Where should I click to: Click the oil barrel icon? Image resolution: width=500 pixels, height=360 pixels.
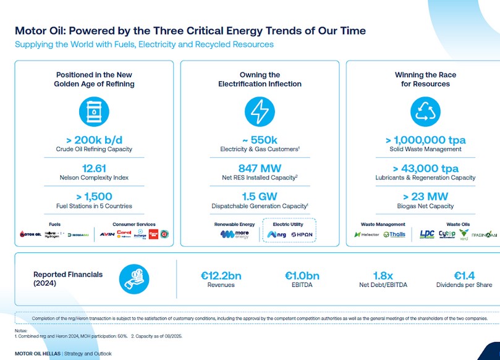(x=94, y=112)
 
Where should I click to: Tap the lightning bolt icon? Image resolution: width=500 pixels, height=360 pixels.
(x=260, y=112)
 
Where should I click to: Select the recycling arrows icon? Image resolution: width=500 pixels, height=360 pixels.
(x=425, y=112)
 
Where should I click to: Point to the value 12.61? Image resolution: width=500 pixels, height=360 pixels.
(x=94, y=168)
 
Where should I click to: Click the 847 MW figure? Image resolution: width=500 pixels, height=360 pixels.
(x=260, y=168)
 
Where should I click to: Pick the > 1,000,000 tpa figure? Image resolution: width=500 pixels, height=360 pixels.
(x=425, y=140)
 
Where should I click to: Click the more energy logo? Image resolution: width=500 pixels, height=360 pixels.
(x=234, y=234)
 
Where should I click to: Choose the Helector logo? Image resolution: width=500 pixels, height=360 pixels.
(x=367, y=234)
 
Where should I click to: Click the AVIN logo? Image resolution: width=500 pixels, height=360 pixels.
(x=107, y=234)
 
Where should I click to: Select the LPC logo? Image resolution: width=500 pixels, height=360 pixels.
(x=427, y=234)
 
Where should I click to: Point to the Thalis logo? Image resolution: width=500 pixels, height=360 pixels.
(x=394, y=234)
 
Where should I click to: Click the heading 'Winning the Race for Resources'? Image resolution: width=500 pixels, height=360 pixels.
(x=425, y=79)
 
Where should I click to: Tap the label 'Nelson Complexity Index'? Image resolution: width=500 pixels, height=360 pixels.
(x=94, y=178)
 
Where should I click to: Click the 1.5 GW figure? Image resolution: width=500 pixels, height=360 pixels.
(x=260, y=196)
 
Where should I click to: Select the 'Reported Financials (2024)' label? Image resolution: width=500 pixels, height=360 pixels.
(x=68, y=278)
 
